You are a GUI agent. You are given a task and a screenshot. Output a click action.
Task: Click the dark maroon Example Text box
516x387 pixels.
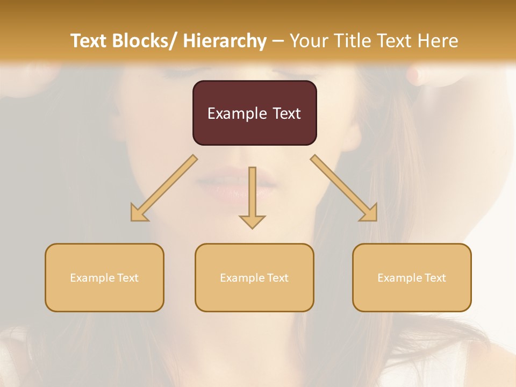(x=254, y=113)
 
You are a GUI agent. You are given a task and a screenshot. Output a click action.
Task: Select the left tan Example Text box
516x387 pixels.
(x=104, y=277)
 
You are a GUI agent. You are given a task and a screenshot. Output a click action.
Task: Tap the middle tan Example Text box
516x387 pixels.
(x=254, y=277)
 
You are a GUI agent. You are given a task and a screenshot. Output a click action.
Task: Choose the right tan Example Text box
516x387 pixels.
(x=412, y=277)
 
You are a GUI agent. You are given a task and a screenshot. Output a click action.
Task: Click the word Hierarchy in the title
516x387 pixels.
(x=225, y=41)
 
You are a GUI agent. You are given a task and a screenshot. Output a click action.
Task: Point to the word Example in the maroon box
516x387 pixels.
(x=236, y=113)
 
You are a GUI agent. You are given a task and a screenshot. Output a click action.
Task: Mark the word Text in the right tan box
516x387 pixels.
(x=435, y=278)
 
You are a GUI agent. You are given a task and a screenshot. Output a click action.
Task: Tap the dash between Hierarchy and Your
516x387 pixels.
(x=278, y=41)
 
